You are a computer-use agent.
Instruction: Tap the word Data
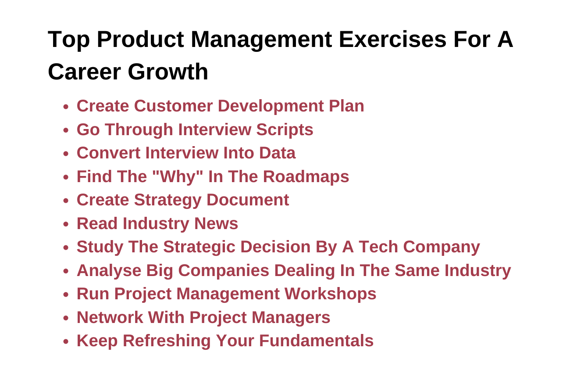(277, 153)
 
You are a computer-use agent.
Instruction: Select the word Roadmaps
(306, 176)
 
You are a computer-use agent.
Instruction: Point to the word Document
(248, 200)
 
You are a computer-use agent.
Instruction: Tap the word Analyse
(109, 270)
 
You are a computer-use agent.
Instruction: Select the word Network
(110, 317)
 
